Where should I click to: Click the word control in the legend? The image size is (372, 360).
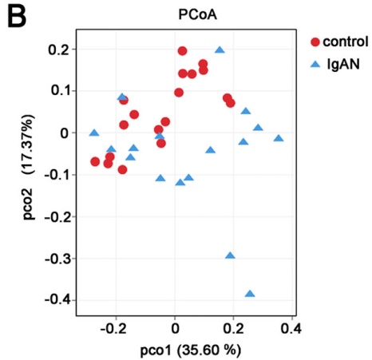tap(345, 42)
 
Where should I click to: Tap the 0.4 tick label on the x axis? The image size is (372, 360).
tap(291, 327)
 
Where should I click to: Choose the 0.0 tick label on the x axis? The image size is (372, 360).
tap(175, 327)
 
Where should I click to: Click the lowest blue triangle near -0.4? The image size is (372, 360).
tap(250, 294)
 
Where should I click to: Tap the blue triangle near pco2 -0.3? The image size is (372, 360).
tap(230, 255)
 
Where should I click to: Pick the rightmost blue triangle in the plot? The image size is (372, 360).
tap(279, 138)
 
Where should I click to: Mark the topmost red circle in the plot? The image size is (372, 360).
tap(182, 51)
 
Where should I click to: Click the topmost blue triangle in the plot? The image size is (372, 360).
tap(220, 49)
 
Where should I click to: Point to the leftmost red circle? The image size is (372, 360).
tap(95, 161)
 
